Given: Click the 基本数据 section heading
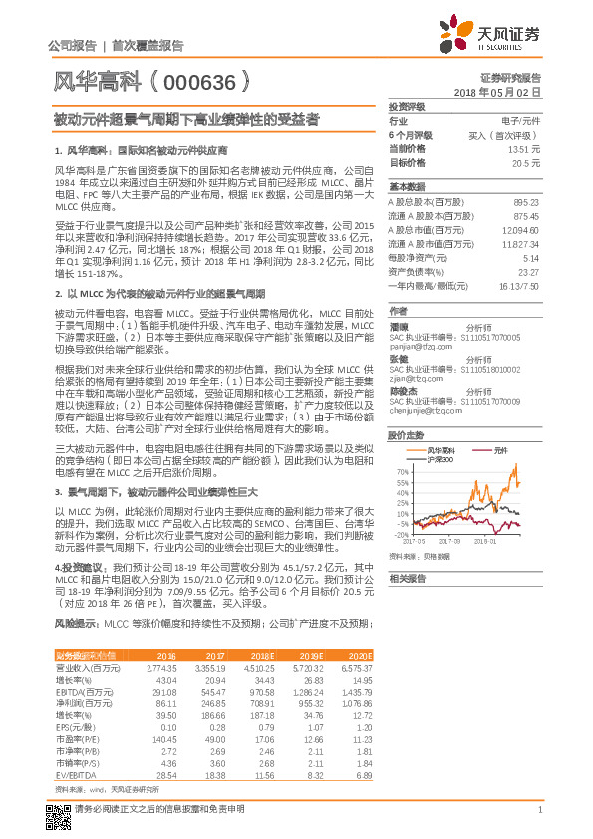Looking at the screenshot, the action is click(407, 186).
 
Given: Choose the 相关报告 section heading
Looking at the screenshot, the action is click(407, 579).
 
